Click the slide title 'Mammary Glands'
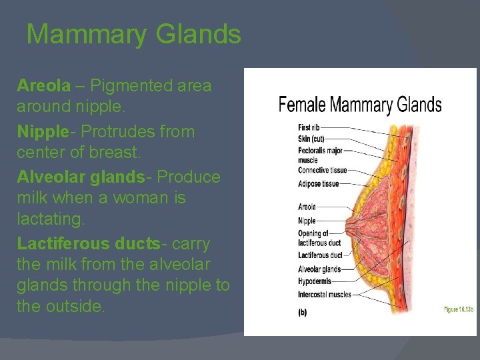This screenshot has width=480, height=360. [133, 34]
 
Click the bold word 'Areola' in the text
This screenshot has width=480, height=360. [43, 86]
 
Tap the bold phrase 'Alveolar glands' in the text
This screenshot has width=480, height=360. [81, 177]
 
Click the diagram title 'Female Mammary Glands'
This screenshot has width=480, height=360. [360, 105]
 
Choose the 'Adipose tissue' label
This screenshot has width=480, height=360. [318, 183]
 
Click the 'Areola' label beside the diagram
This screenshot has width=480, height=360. [307, 207]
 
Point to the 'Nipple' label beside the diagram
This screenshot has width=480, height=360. [307, 221]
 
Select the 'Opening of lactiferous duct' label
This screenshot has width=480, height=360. [319, 238]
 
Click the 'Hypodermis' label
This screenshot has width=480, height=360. [315, 281]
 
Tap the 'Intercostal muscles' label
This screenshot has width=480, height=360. [324, 294]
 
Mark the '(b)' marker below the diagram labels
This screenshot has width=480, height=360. [302, 312]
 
